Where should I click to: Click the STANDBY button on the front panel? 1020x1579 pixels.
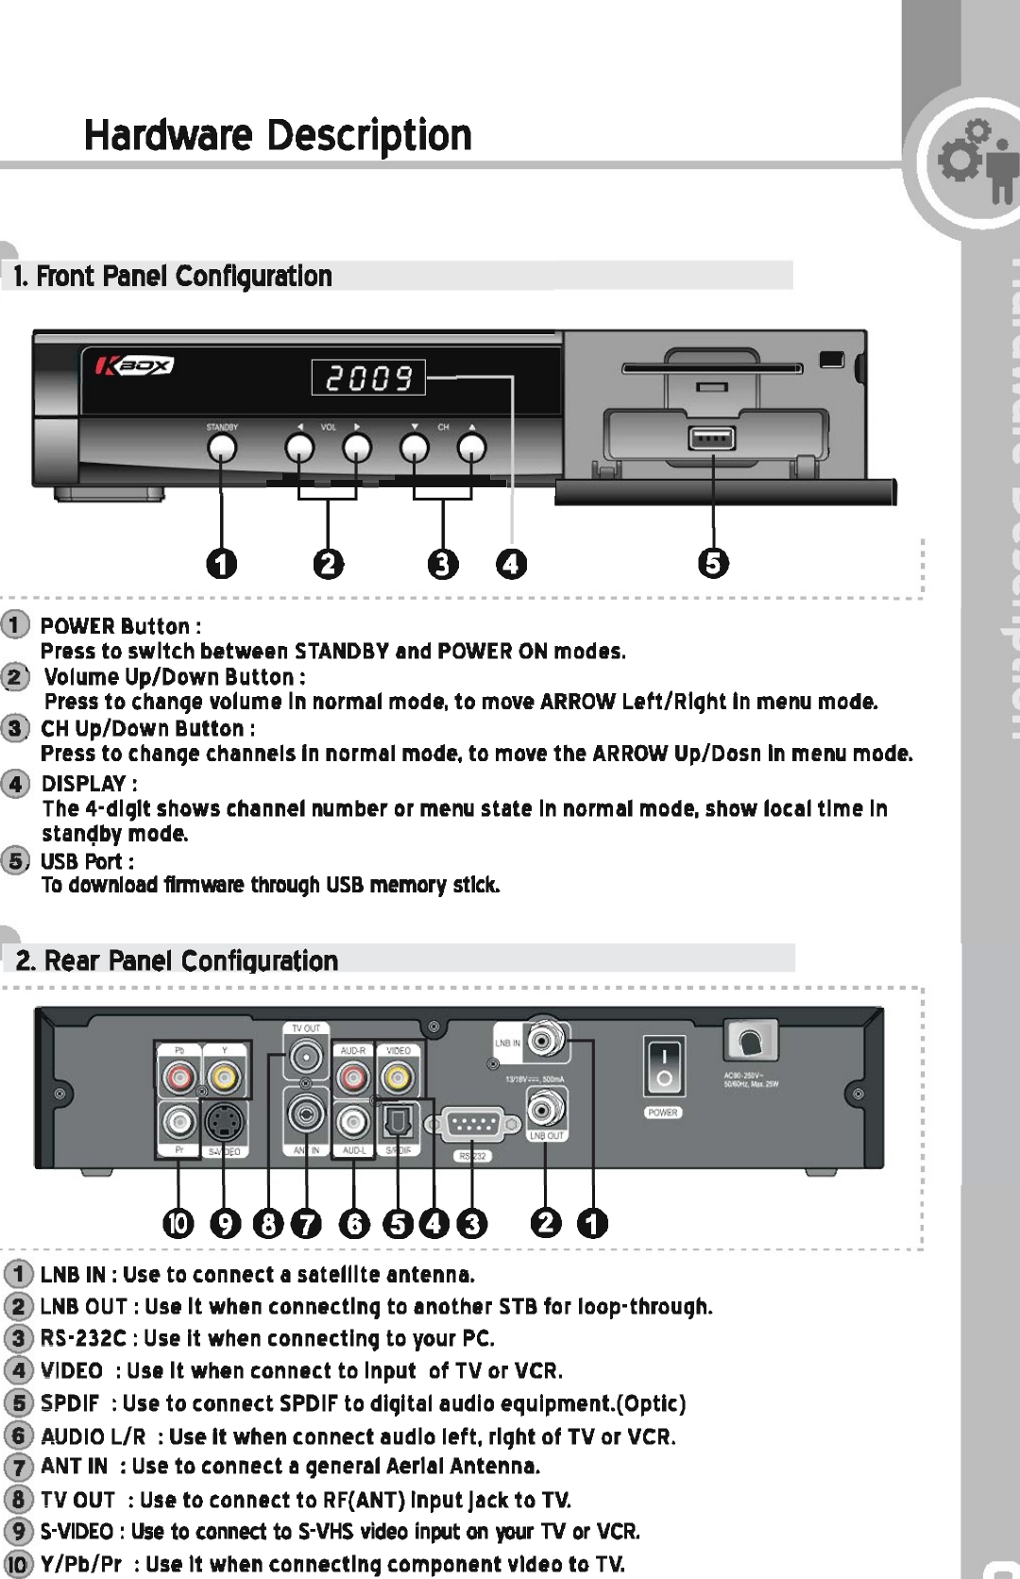coord(222,446)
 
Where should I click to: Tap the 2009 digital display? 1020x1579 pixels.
coord(368,378)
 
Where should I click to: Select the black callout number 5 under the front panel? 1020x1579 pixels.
coord(713,563)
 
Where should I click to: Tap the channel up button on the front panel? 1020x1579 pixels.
coord(471,446)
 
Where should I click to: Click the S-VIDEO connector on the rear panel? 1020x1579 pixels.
coord(223,1123)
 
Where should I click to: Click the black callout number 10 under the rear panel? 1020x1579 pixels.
coord(177,1224)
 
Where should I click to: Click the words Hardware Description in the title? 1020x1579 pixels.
coord(278,136)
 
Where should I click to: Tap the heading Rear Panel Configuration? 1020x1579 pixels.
coord(178,960)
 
